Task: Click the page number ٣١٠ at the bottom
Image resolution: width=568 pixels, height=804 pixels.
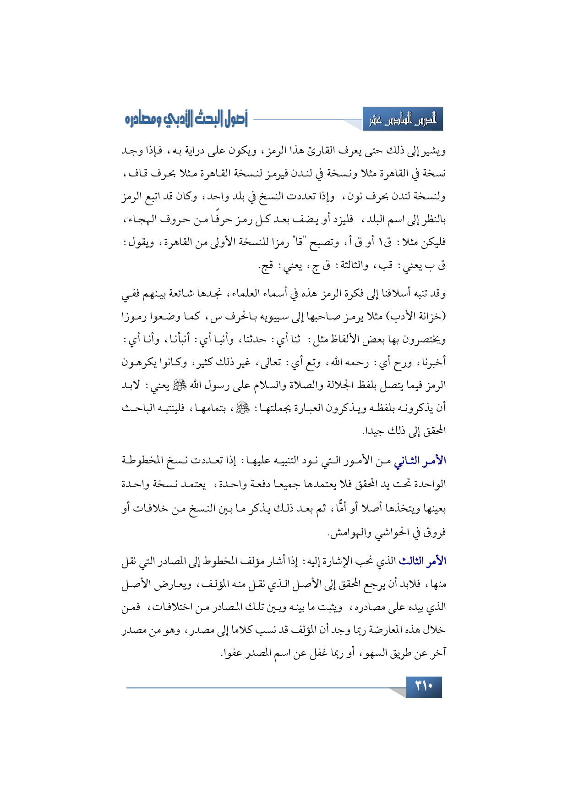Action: (424, 687)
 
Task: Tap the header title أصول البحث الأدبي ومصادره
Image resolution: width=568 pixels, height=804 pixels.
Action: (186, 119)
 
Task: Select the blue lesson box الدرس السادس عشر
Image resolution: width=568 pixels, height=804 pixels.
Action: (403, 120)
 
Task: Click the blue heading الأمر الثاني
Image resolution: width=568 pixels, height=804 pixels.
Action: (420, 461)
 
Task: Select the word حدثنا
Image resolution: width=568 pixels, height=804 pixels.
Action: (254, 339)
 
